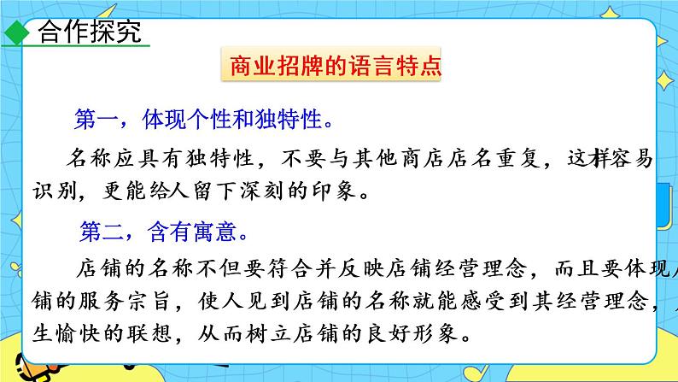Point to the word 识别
tap(51, 193)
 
